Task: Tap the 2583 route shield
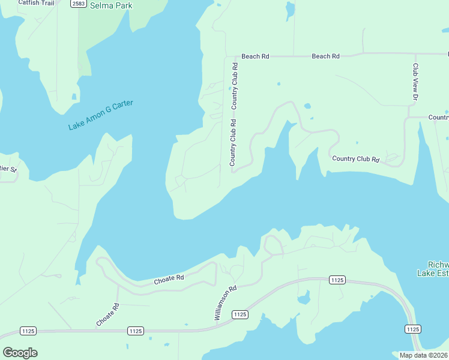pos(77,4)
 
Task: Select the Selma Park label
pos(111,6)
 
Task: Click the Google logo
pos(20,353)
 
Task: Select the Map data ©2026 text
pos(423,355)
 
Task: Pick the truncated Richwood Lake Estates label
pos(433,269)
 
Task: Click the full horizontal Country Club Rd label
pos(356,160)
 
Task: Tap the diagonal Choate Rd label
pos(108,315)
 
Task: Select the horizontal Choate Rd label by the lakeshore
pos(168,280)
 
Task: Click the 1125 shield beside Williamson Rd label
pos(240,314)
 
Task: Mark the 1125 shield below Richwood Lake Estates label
pos(412,329)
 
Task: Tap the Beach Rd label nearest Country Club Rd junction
pos(255,56)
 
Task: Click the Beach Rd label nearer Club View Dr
pos(325,56)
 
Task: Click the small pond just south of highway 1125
pos(303,298)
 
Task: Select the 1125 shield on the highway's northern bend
pos(337,280)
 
